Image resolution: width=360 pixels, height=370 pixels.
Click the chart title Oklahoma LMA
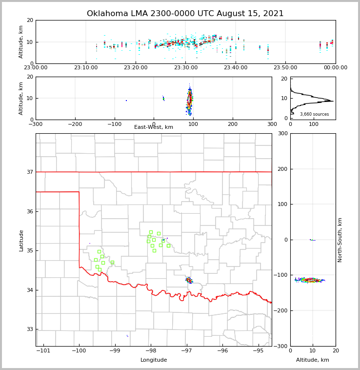click(185, 14)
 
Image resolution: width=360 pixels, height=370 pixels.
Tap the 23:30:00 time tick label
click(185, 68)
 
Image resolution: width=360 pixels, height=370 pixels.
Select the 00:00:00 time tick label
click(335, 68)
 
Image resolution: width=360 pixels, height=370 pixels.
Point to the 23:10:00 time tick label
click(85, 68)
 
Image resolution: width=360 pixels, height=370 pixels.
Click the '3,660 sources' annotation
click(314, 114)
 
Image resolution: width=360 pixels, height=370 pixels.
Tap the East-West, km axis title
click(154, 127)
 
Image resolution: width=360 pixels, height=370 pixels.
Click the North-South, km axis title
click(340, 240)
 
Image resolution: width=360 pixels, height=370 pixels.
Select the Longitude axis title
click(154, 360)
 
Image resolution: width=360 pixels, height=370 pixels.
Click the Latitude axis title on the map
click(21, 240)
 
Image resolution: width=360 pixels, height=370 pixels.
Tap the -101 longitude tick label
click(43, 351)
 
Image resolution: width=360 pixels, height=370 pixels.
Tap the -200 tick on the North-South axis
click(282, 311)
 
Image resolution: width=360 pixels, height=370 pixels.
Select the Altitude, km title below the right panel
click(313, 360)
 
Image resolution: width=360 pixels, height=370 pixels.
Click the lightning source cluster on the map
click(189, 280)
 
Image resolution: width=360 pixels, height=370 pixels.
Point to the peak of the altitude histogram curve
click(333, 101)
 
